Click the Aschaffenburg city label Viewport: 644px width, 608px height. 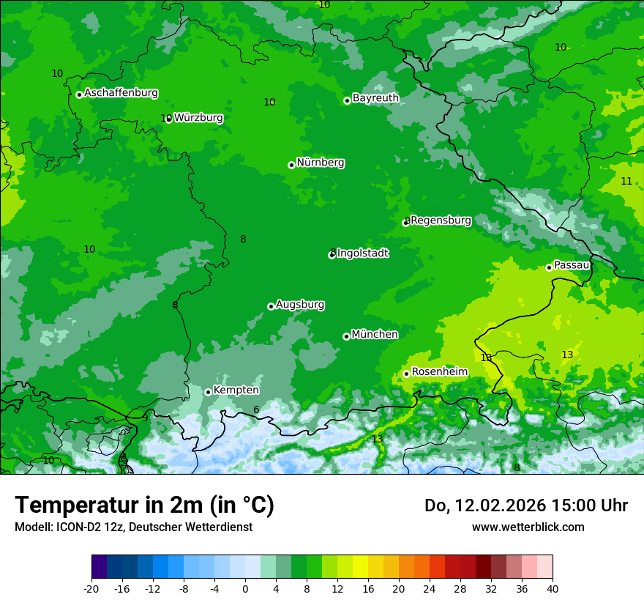(x=121, y=93)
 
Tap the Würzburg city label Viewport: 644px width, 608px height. (x=198, y=118)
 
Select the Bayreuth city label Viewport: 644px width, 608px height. (x=375, y=98)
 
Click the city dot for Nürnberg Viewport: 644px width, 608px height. (x=291, y=165)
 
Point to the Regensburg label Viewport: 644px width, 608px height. (x=441, y=220)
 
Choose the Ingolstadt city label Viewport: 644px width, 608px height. (x=362, y=253)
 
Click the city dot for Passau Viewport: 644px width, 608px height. (x=549, y=267)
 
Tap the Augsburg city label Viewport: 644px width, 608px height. (x=300, y=305)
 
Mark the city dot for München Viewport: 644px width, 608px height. (x=346, y=336)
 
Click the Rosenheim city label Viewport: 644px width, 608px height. (x=439, y=372)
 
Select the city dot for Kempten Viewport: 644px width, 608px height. (x=208, y=392)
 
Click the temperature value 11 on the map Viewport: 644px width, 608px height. (x=626, y=181)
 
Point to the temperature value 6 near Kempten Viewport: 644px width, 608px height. (x=256, y=410)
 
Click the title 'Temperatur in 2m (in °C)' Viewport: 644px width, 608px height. (x=144, y=505)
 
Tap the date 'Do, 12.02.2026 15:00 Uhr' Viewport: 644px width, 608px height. (x=525, y=505)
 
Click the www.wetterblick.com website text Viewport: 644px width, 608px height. (x=528, y=527)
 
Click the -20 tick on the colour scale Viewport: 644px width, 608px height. (x=91, y=589)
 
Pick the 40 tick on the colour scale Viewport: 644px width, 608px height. (x=553, y=589)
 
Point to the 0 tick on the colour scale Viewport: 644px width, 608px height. (x=245, y=589)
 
